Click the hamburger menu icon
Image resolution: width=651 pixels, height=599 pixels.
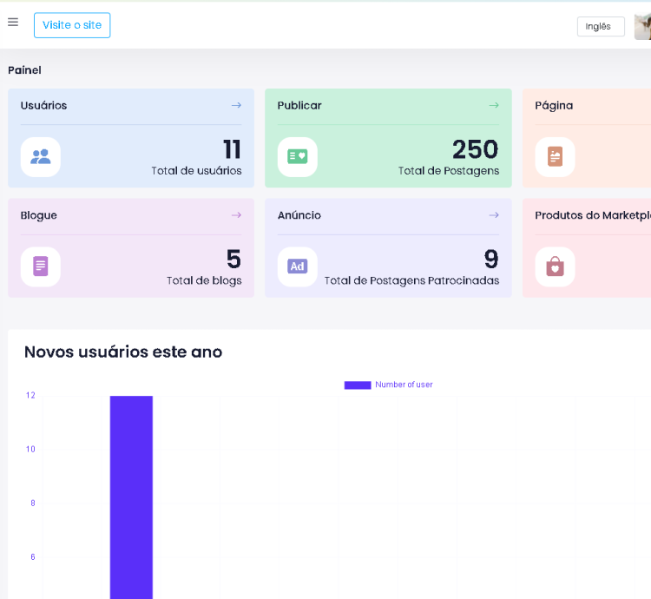click(x=13, y=23)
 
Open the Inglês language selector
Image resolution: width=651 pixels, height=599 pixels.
click(x=600, y=27)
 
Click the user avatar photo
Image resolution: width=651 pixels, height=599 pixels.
click(x=643, y=27)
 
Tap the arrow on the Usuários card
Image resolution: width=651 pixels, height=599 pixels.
click(x=236, y=105)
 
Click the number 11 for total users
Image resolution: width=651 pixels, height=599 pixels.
click(x=232, y=149)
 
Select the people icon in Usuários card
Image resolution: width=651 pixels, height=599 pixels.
click(x=41, y=157)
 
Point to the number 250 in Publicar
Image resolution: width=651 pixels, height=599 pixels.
click(x=475, y=149)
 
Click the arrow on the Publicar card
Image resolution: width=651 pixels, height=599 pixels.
click(x=494, y=105)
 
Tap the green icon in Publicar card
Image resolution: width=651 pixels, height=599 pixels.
click(x=298, y=157)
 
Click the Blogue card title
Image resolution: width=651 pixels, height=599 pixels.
click(x=39, y=215)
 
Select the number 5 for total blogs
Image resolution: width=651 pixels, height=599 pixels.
click(x=233, y=260)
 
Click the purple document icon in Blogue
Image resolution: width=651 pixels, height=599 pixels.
click(x=41, y=267)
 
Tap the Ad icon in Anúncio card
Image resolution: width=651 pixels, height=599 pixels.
click(x=298, y=267)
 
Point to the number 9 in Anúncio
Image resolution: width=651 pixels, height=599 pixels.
click(x=491, y=260)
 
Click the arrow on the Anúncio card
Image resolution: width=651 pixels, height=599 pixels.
click(x=494, y=215)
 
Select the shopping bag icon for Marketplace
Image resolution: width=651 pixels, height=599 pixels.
click(x=555, y=267)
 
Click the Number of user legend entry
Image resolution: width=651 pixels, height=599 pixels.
click(x=389, y=385)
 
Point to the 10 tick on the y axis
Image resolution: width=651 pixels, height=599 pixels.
click(x=30, y=449)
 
